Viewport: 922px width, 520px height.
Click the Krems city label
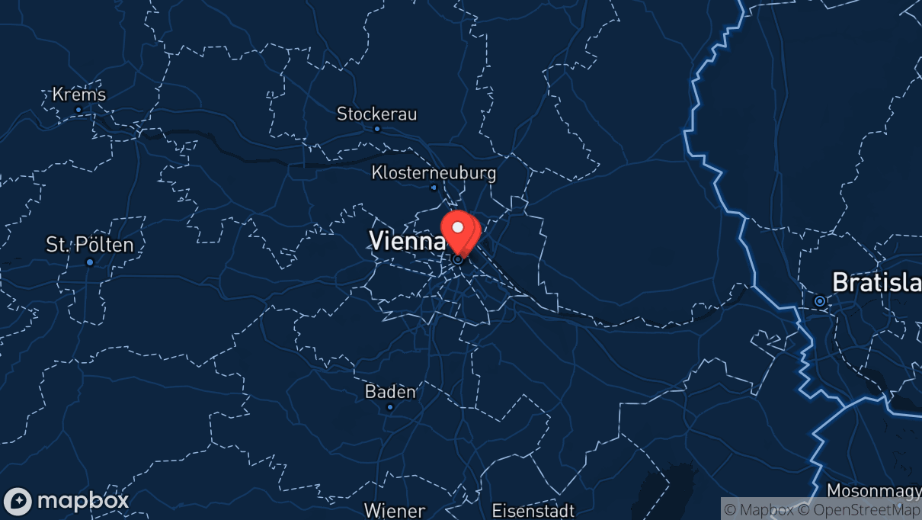point(79,95)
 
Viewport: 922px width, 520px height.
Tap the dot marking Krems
point(78,110)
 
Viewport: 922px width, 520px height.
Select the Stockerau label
point(377,114)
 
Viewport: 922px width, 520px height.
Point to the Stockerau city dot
point(376,129)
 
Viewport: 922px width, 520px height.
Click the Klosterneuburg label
point(434,173)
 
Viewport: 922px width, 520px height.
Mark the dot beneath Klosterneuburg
point(434,188)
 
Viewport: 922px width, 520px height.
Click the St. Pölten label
point(90,245)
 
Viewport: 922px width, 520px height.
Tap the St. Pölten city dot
point(90,262)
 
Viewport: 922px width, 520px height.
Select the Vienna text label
point(407,241)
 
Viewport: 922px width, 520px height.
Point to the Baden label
point(390,392)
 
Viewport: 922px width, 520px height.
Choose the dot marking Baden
point(390,407)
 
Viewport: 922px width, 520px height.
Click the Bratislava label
point(876,282)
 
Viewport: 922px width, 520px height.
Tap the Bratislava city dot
point(820,301)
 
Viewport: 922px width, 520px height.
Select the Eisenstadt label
point(533,510)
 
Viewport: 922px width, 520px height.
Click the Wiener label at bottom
point(394,510)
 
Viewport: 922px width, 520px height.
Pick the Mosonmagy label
point(874,490)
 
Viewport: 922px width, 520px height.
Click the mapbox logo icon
point(18,501)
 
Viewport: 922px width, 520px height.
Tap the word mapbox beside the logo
point(82,501)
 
